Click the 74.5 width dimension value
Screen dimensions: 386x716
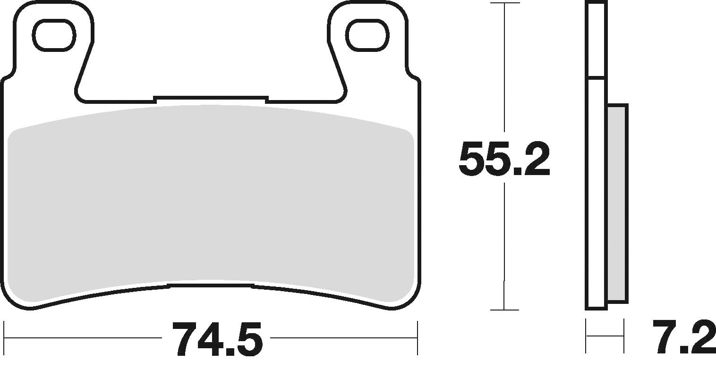click(217, 339)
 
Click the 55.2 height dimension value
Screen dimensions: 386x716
click(504, 159)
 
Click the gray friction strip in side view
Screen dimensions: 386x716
click(617, 203)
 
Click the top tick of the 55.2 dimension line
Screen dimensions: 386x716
click(505, 3)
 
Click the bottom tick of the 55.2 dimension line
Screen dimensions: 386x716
click(505, 310)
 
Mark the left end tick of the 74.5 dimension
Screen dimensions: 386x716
click(4, 338)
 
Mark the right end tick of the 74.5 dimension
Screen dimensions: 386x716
click(418, 338)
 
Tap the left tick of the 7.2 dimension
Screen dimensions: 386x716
click(586, 336)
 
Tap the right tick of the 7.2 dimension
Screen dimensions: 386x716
click(624, 336)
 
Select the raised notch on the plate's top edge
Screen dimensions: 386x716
click(211, 99)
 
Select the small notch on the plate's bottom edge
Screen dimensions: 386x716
click(211, 285)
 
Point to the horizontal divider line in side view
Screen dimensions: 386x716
click(596, 77)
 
